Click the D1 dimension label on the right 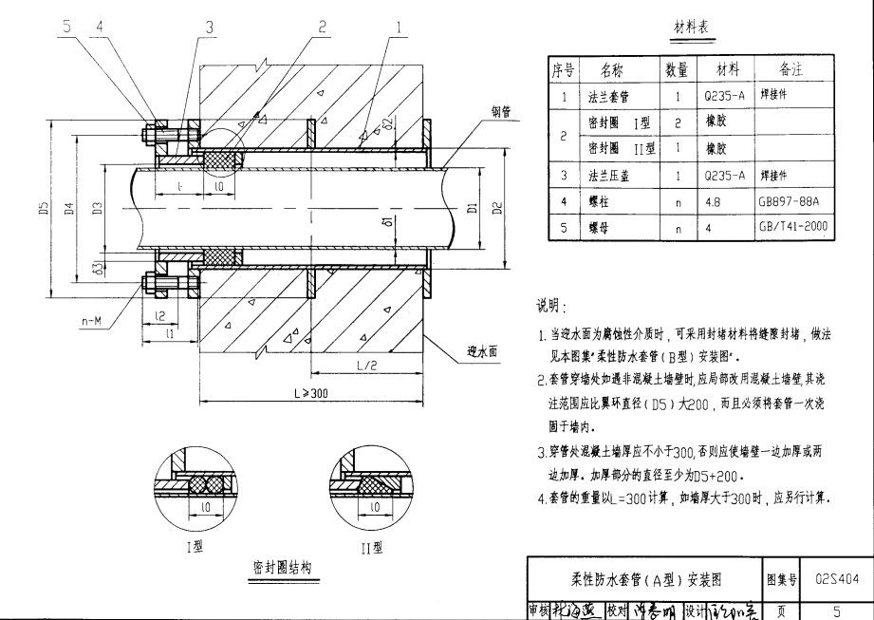click(473, 207)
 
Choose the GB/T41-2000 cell click(792, 229)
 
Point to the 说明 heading click(549, 307)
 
